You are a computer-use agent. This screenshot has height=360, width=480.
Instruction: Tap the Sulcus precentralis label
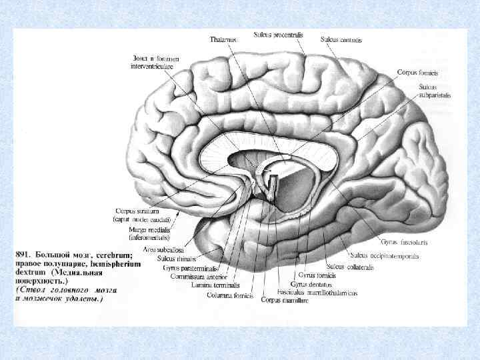click(276, 34)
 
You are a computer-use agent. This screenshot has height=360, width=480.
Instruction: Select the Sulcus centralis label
click(341, 40)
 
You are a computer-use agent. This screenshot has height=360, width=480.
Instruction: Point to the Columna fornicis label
click(229, 294)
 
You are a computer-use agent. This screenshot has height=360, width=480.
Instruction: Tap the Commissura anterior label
click(199, 276)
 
